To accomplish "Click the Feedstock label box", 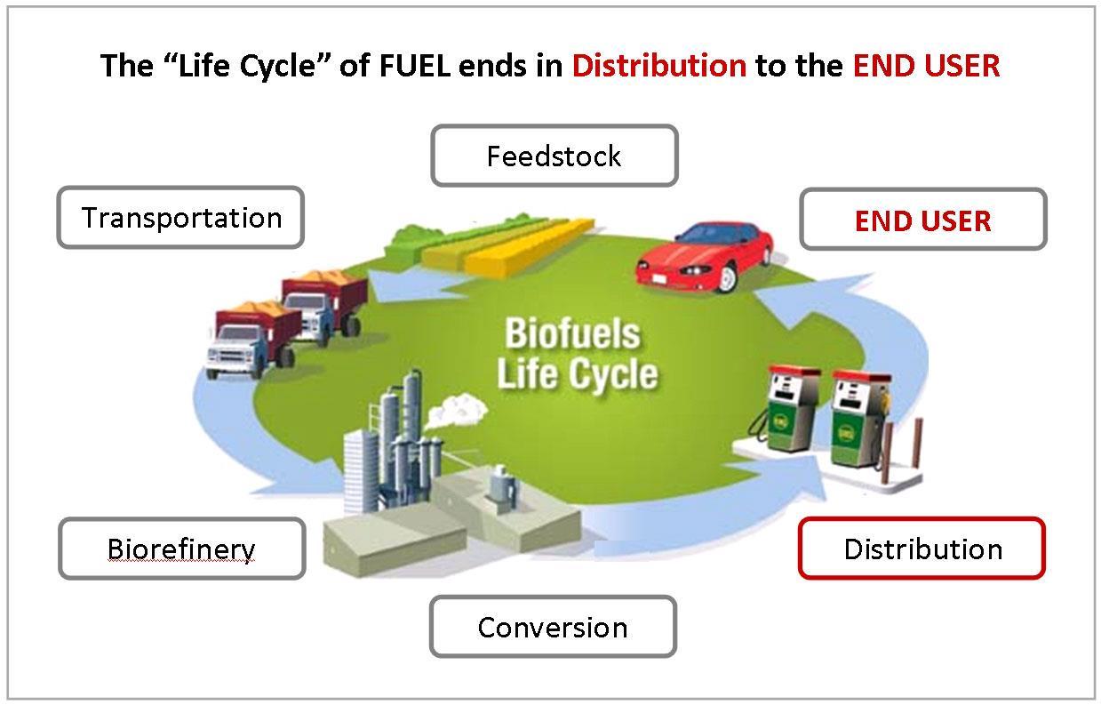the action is point(554,156).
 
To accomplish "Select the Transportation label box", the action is point(181,217).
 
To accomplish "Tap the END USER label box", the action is point(923,220).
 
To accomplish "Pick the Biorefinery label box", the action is point(182,549).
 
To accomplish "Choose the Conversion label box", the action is point(553,627).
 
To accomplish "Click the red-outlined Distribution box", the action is point(921,549).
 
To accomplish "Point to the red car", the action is point(705,257).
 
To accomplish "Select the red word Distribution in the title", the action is point(659,66).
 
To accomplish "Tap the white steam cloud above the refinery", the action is point(456,410).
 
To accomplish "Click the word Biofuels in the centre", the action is point(572,332).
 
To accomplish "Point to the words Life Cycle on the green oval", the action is point(577,374).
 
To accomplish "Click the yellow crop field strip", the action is point(529,247).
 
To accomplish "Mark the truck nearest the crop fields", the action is point(324,307).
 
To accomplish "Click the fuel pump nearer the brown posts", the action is point(860,419).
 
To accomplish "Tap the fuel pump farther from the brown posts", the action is point(789,408).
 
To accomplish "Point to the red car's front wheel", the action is point(726,277).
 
